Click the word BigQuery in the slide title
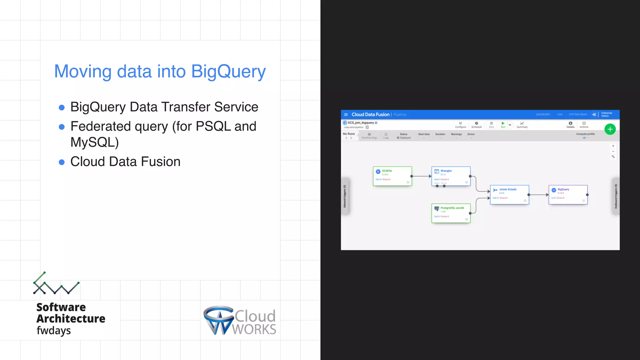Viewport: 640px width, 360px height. pos(228,72)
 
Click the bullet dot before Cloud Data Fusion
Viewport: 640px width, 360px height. pos(62,162)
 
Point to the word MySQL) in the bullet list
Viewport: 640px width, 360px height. pos(95,142)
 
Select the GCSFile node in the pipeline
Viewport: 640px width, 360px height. pos(392,176)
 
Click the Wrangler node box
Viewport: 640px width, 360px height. pos(451,176)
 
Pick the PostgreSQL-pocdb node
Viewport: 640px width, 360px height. pos(451,213)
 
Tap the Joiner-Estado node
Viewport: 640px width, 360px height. pos(509,195)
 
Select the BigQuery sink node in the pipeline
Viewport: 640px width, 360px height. pos(568,195)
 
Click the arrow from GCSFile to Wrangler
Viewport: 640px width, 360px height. pos(422,176)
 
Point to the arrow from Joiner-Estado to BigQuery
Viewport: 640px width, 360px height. pos(538,195)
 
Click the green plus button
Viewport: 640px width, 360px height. pos(610,129)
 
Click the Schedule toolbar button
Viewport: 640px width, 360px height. pos(477,125)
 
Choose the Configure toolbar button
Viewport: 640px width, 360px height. pos(461,125)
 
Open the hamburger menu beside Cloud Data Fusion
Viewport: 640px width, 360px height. pos(346,115)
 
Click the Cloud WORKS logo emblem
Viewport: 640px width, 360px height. pos(219,320)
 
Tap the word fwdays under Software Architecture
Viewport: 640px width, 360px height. pos(54,331)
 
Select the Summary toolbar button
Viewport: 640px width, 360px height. pos(522,125)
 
